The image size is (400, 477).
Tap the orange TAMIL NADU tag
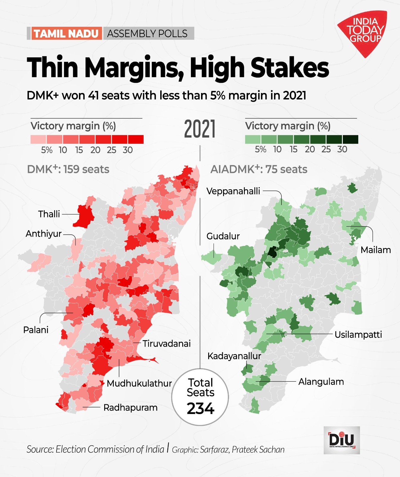coord(66,33)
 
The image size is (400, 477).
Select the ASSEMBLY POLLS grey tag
coord(147,33)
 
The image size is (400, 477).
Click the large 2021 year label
coord(200,129)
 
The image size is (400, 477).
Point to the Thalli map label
coord(49,214)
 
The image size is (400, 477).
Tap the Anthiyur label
coord(43,234)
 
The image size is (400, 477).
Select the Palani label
coord(36,330)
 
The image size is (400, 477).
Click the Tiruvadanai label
coord(166,344)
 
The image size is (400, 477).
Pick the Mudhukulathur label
coord(139,383)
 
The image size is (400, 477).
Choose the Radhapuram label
coord(130,408)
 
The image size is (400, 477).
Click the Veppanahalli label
coord(233,191)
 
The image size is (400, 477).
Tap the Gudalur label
coord(223,236)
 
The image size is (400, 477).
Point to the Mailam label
coord(376,250)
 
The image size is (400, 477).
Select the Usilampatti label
coord(358,334)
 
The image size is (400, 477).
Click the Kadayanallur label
coord(234,356)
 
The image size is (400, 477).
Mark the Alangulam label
coord(321,382)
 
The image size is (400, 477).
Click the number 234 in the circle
coord(200,409)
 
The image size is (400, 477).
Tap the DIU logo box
coord(342,440)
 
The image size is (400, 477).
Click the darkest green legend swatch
coord(350,140)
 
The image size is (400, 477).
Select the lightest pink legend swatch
coord(38,140)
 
